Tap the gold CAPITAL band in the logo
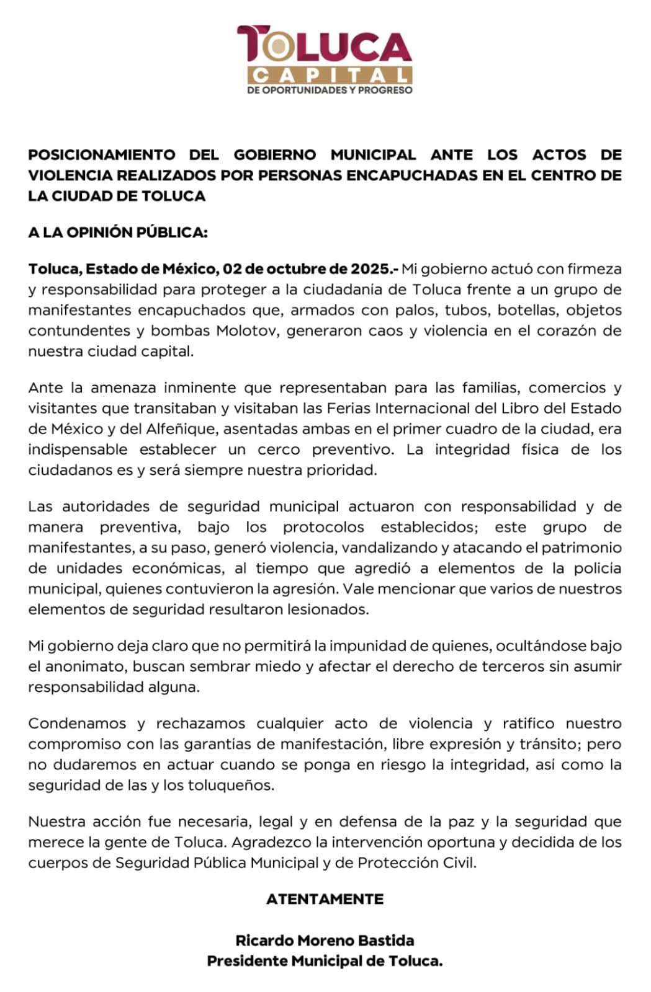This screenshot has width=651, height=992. pyautogui.click(x=329, y=75)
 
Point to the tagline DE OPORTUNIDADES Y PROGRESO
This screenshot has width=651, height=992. pyautogui.click(x=329, y=90)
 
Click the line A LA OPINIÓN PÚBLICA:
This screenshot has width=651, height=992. pyautogui.click(x=117, y=232)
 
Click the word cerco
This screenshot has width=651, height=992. pyautogui.click(x=278, y=449)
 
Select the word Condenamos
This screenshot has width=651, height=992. pyautogui.click(x=78, y=724)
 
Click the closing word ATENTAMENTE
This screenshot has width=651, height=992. pyautogui.click(x=325, y=899)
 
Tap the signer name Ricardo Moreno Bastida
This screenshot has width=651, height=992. pyautogui.click(x=325, y=941)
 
